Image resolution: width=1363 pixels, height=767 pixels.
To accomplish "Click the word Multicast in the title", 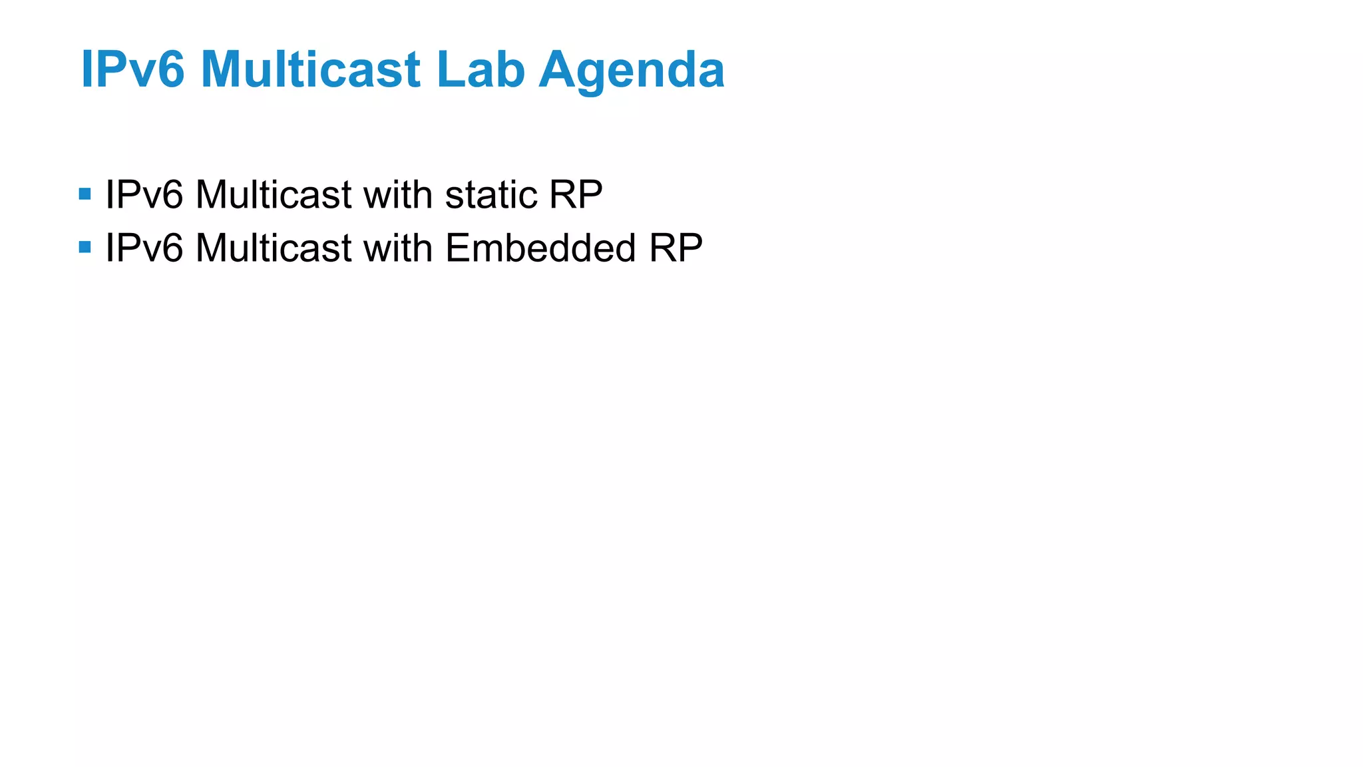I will click(x=310, y=69).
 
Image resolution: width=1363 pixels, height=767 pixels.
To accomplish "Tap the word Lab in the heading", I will click(x=480, y=69).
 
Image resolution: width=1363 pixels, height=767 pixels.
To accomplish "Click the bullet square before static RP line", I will click(x=85, y=194).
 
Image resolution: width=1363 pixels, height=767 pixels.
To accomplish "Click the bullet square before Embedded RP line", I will click(x=85, y=248).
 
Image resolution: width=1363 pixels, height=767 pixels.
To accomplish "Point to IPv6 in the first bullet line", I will click(x=144, y=195).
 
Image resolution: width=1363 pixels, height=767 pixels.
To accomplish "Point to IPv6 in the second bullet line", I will click(x=144, y=248).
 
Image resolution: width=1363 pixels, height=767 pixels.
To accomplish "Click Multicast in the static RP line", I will click(x=273, y=195).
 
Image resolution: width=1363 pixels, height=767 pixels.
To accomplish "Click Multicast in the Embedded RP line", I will click(x=273, y=248).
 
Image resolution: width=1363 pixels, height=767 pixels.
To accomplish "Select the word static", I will click(x=490, y=195).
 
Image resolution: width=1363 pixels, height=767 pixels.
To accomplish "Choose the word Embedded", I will click(x=540, y=248).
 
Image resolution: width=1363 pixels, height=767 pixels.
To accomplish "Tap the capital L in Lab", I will click(x=449, y=69).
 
